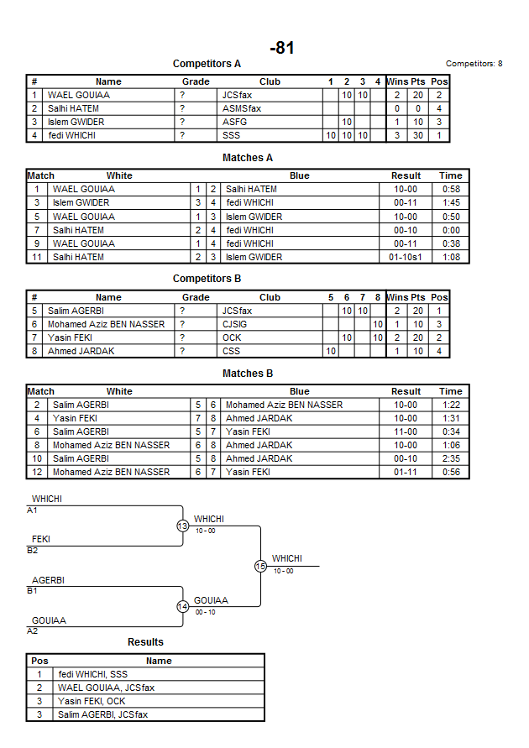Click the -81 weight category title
[x=282, y=49]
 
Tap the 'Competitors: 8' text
[x=474, y=64]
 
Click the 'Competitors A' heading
[x=207, y=64]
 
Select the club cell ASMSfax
[x=241, y=108]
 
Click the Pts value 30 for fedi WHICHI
[x=418, y=135]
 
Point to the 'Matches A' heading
[x=248, y=158]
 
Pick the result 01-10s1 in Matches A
[x=406, y=257]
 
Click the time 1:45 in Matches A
[x=450, y=202]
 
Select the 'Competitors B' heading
[x=207, y=279]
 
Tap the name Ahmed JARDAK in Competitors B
[x=76, y=351]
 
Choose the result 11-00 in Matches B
[x=406, y=432]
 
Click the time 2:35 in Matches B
[x=450, y=458]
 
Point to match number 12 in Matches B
[x=37, y=472]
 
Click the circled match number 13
[x=182, y=526]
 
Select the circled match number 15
[x=260, y=567]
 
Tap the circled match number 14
[x=182, y=607]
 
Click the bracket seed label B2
[x=32, y=551]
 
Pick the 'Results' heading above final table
[x=145, y=642]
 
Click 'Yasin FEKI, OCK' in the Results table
[x=92, y=701]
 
